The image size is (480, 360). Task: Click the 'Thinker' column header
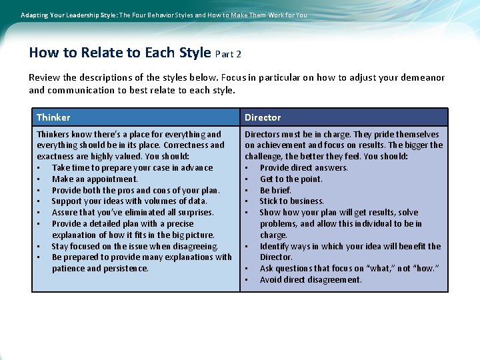(53, 117)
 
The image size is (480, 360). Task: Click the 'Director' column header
(263, 117)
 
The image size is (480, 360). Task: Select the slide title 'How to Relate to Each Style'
(120, 53)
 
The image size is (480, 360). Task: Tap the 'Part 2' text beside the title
(228, 54)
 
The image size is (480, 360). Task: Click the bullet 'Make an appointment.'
(95, 179)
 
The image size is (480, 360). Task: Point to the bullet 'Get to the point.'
(291, 179)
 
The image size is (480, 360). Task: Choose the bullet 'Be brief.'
(275, 190)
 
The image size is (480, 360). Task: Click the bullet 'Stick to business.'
(291, 201)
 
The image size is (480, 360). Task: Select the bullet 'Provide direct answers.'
(303, 167)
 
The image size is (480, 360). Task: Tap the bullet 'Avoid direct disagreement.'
(311, 279)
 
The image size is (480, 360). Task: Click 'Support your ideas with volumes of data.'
(129, 201)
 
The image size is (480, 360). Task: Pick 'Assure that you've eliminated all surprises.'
(133, 212)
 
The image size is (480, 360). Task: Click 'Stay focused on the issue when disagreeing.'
(135, 246)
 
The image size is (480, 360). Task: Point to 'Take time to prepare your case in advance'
(132, 167)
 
